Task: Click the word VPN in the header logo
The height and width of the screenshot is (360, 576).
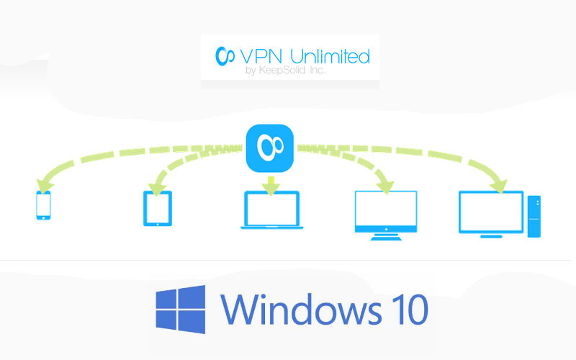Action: click(x=261, y=57)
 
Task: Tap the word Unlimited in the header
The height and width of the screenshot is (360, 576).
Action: click(x=330, y=57)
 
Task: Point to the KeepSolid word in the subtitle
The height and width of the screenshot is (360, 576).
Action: click(x=282, y=70)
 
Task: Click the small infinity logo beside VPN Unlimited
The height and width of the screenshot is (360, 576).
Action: click(x=225, y=56)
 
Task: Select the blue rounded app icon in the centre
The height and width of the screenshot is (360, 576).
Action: click(x=269, y=148)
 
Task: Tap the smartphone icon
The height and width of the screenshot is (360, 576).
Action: click(x=43, y=205)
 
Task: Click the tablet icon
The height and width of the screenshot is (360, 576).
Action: click(x=158, y=208)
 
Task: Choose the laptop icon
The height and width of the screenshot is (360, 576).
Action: click(x=272, y=210)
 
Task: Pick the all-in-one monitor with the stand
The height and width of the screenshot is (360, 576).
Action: click(x=386, y=215)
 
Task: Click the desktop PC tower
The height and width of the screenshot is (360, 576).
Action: click(x=534, y=217)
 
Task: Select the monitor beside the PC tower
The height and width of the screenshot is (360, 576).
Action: click(x=491, y=214)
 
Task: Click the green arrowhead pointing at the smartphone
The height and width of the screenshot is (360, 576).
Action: click(x=45, y=186)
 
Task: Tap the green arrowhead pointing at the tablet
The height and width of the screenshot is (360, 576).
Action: click(x=157, y=189)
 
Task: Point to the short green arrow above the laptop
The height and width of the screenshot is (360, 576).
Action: click(x=271, y=186)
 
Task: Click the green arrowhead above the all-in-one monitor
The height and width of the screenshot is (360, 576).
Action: click(x=385, y=186)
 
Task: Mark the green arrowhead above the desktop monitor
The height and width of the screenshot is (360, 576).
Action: click(x=498, y=186)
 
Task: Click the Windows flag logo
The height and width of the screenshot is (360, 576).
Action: click(x=181, y=310)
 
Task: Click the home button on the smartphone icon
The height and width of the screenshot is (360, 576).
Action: click(x=43, y=218)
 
